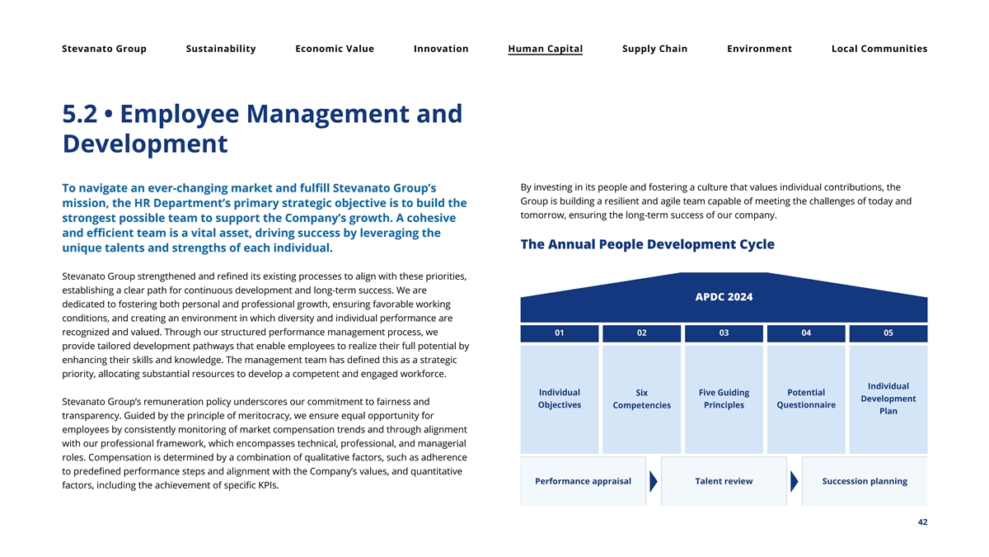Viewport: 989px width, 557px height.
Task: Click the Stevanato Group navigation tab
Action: click(x=104, y=49)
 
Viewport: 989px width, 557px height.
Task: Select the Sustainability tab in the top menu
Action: click(x=221, y=49)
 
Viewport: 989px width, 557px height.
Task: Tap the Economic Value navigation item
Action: click(x=335, y=49)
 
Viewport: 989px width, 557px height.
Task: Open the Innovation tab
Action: click(x=441, y=49)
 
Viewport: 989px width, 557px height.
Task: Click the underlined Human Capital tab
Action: click(x=546, y=49)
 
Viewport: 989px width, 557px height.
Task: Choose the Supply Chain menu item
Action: click(x=654, y=49)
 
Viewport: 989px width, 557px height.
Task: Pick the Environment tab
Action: click(x=759, y=49)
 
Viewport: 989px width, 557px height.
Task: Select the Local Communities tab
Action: click(x=879, y=49)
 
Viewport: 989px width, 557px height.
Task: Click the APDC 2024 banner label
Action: click(x=724, y=297)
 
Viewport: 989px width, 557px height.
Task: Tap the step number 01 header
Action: click(x=560, y=333)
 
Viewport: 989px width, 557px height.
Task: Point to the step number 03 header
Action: click(x=724, y=333)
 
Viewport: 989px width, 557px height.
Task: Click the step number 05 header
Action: click(x=888, y=333)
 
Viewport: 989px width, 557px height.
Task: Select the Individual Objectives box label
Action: click(x=559, y=399)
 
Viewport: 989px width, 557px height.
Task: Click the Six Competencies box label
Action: click(x=641, y=399)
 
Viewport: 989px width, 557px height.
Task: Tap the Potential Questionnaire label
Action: click(x=806, y=399)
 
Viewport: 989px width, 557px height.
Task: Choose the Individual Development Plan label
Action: click(x=888, y=399)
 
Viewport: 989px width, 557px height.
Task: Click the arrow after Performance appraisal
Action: click(x=654, y=481)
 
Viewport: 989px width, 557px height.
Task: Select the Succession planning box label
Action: click(x=865, y=481)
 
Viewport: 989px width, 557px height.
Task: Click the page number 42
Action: click(x=921, y=522)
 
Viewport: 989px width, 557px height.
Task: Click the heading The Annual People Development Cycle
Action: click(x=648, y=245)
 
